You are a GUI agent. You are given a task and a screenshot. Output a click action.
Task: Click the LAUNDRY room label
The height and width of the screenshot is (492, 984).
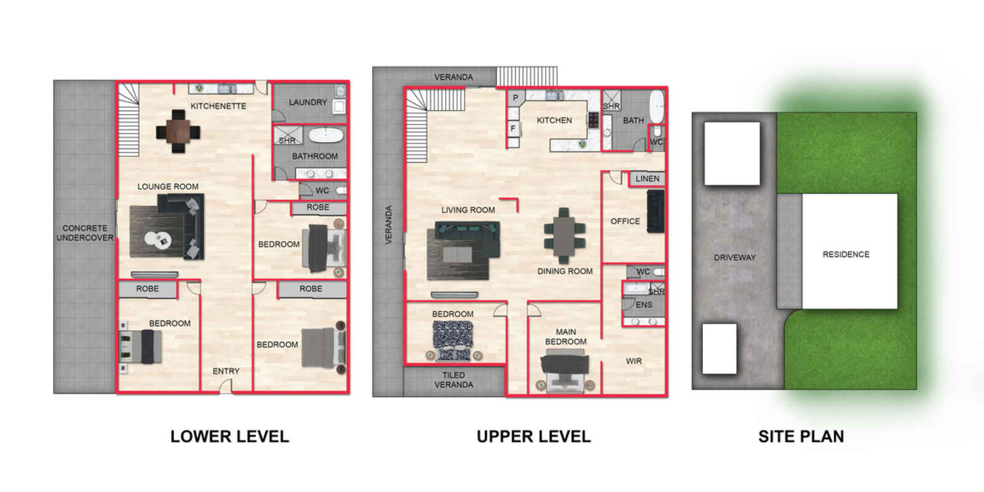tap(307, 102)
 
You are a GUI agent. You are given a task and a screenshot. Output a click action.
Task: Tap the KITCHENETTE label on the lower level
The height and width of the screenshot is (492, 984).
tap(218, 106)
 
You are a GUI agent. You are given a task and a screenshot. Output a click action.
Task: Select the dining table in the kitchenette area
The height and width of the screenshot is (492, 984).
tap(178, 131)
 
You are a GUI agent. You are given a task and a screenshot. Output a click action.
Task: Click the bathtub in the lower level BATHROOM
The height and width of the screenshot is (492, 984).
tap(325, 135)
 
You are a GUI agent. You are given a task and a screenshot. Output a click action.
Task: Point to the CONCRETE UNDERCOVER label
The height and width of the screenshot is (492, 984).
tap(85, 233)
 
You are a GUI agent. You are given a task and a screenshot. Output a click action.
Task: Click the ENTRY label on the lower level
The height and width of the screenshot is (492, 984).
tap(226, 371)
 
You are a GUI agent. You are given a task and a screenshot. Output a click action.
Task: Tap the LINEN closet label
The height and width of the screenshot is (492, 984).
tap(647, 178)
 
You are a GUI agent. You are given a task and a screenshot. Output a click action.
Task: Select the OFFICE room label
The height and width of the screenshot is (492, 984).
tap(625, 221)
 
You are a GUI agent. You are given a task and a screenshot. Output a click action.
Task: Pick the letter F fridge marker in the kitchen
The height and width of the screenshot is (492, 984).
tap(512, 129)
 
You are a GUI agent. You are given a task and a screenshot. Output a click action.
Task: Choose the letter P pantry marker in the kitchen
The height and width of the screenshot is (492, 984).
tap(515, 98)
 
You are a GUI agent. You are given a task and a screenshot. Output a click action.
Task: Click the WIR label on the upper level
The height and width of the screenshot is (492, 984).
tap(633, 360)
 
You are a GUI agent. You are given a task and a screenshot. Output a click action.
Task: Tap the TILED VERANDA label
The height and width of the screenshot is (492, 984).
tap(453, 379)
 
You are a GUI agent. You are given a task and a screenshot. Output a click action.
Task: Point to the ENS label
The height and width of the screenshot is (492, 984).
tap(643, 304)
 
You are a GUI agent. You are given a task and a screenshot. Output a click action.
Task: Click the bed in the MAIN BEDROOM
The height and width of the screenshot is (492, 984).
tap(565, 370)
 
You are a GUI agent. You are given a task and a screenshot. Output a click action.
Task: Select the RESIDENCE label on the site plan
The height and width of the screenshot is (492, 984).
tap(846, 255)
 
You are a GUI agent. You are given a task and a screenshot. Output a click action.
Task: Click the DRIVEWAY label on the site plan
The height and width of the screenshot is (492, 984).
tap(734, 258)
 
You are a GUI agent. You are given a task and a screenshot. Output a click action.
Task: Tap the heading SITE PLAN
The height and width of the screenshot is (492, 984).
tap(801, 436)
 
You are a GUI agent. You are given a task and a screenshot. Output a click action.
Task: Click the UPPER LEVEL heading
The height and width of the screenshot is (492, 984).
tap(534, 436)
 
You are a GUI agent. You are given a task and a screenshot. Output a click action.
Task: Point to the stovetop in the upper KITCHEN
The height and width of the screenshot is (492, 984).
tap(593, 119)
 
